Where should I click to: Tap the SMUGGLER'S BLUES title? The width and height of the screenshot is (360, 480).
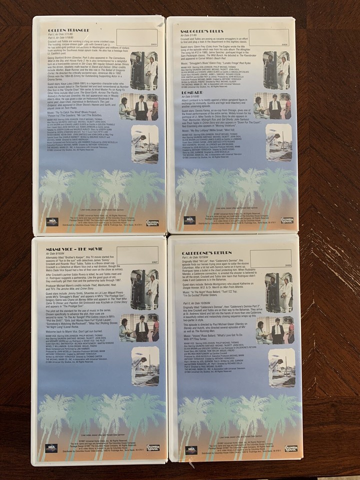coord(200,31)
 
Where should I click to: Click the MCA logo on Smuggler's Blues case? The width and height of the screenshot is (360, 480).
coord(189,219)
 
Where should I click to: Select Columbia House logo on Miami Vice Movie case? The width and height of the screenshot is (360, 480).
coord(152,447)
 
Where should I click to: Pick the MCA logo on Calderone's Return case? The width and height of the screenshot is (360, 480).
coord(190,449)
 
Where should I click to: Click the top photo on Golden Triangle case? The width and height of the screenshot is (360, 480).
coord(144,70)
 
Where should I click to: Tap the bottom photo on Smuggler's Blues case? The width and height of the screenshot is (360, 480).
coord(279,143)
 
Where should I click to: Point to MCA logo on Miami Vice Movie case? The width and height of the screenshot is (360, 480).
coord(51,447)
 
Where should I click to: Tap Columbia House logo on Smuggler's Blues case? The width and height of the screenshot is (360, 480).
coord(287,220)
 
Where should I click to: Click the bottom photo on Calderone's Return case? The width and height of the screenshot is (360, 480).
coord(281,368)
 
